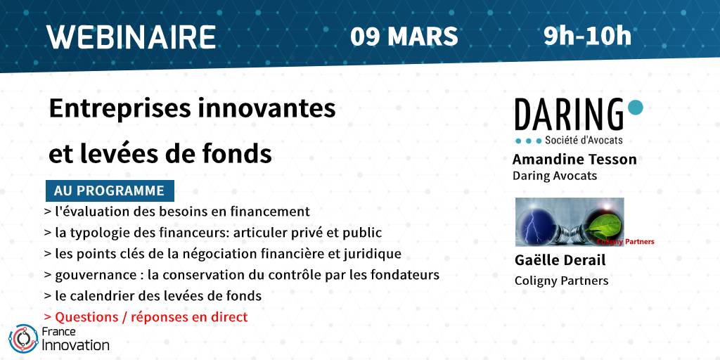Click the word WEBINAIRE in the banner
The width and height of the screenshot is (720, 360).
pyautogui.click(x=131, y=37)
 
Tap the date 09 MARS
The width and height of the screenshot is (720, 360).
pyautogui.click(x=404, y=37)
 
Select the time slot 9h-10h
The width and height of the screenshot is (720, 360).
pyautogui.click(x=587, y=36)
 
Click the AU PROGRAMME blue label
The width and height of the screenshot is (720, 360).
pyautogui.click(x=110, y=191)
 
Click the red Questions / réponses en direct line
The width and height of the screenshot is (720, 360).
pyautogui.click(x=146, y=317)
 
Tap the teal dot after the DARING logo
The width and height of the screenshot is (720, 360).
pyautogui.click(x=635, y=107)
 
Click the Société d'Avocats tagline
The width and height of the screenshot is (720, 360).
pyautogui.click(x=584, y=141)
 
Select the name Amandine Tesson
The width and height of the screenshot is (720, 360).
pyautogui.click(x=574, y=160)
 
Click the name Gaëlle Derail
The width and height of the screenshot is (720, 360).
pyautogui.click(x=560, y=260)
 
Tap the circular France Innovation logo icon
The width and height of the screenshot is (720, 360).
pyautogui.click(x=23, y=339)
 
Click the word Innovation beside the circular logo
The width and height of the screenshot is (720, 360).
pyautogui.click(x=75, y=345)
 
